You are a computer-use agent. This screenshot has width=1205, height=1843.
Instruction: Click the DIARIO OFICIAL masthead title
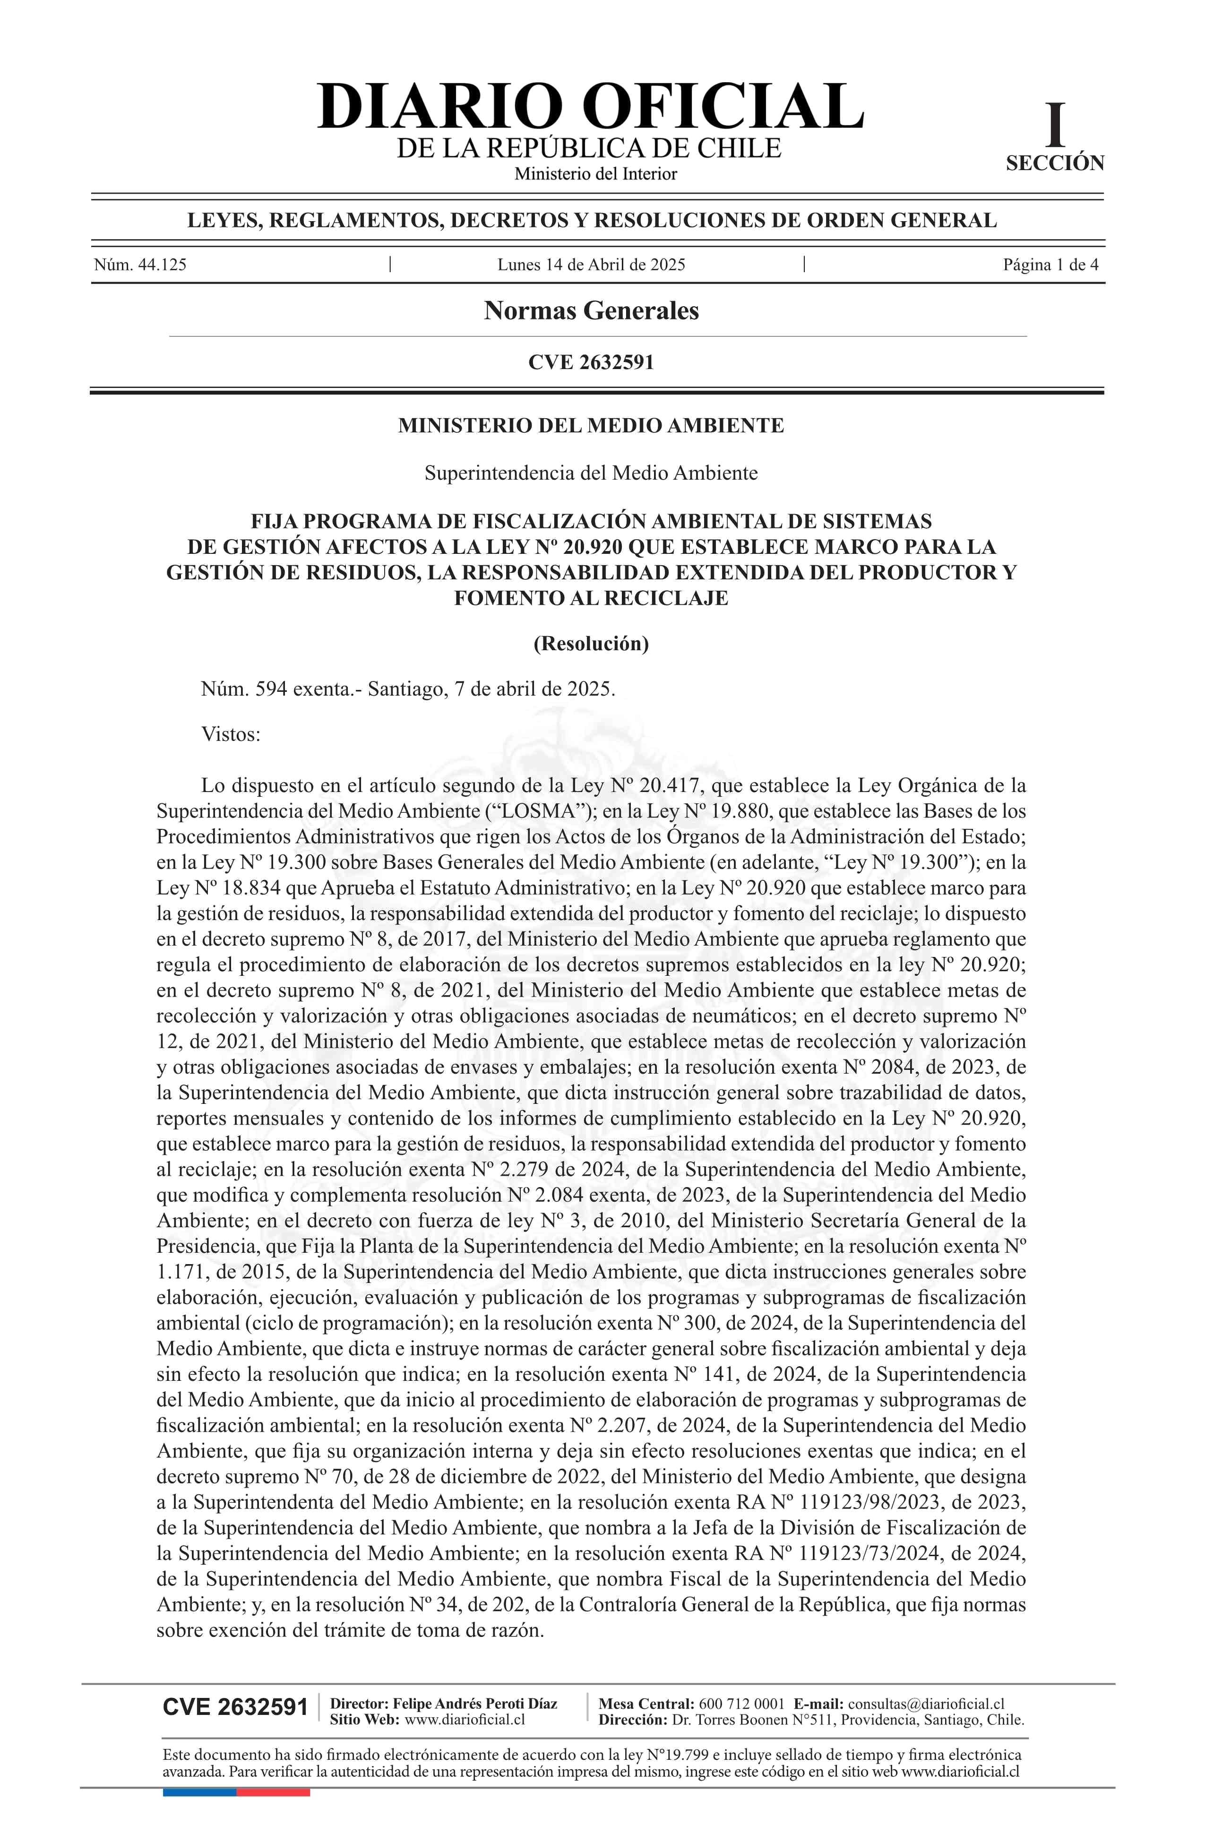pos(590,106)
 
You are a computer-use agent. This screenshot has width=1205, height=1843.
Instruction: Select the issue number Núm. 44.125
pos(140,265)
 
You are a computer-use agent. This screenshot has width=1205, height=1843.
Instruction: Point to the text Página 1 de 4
pos(1050,265)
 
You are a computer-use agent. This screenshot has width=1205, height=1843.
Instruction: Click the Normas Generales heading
pos(591,310)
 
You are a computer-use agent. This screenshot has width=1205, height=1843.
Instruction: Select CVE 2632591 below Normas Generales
pos(591,362)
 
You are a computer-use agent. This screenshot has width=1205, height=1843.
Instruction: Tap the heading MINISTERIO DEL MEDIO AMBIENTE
pos(591,425)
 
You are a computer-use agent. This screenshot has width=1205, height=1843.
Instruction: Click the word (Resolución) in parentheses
pos(591,644)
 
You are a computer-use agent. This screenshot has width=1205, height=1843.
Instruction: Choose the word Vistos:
pos(231,734)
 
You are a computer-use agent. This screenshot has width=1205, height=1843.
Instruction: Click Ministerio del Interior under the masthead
pos(595,174)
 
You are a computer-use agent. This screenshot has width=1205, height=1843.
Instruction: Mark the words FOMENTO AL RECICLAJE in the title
pos(591,598)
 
